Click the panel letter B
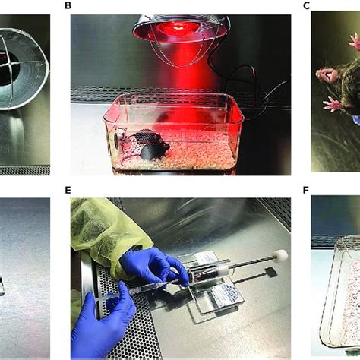[68, 5]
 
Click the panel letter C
[306, 5]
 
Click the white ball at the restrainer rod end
[279, 256]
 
